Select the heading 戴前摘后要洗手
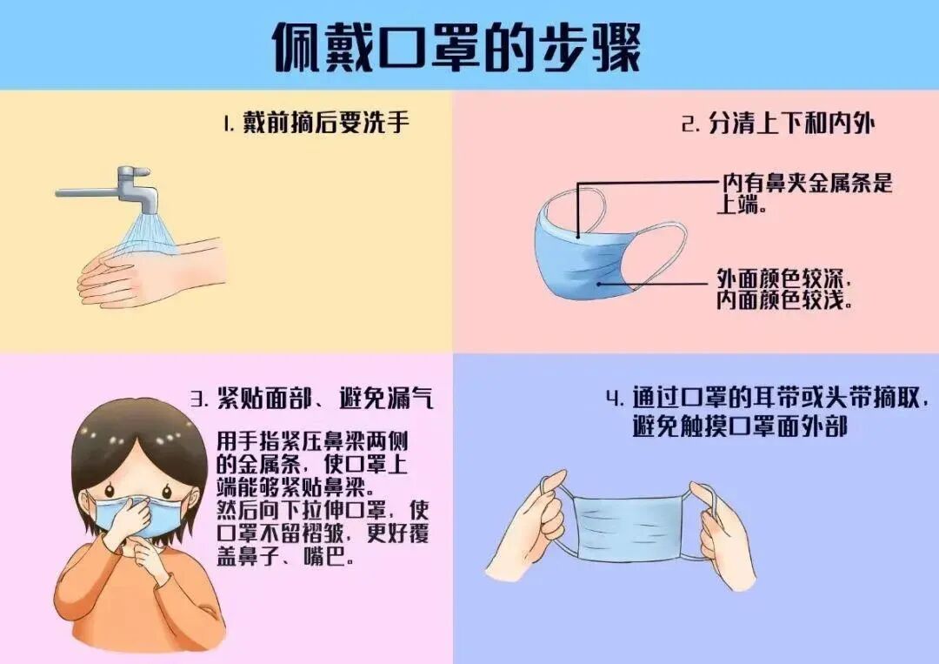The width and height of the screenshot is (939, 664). coord(325,123)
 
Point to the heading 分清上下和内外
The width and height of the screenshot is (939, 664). coord(788,124)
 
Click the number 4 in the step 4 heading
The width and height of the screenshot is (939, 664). coord(615,399)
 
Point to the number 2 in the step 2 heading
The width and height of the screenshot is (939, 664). coord(689,124)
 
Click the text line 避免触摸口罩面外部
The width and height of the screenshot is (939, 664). coord(739,427)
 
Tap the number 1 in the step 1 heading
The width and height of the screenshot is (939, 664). coord(228,124)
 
